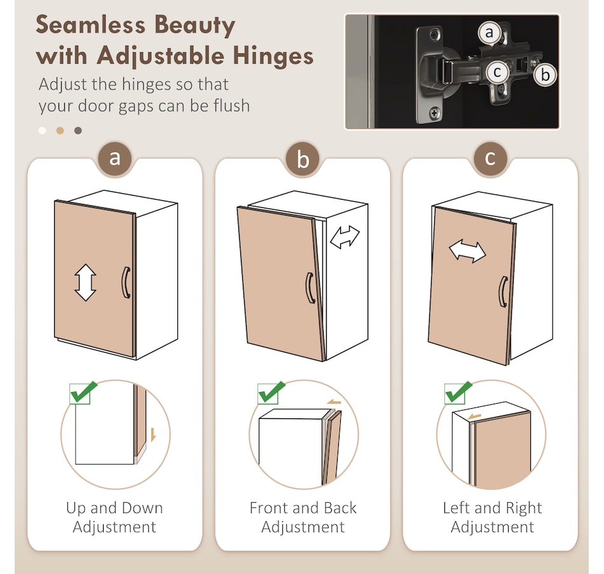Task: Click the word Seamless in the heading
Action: pyautogui.click(x=90, y=25)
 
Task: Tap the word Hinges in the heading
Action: pyautogui.click(x=273, y=56)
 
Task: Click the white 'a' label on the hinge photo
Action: pyautogui.click(x=489, y=33)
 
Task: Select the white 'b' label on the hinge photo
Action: pyautogui.click(x=545, y=74)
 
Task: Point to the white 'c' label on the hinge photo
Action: pyautogui.click(x=497, y=72)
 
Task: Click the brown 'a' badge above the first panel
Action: pyautogui.click(x=115, y=158)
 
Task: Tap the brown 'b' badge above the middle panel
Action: pyautogui.click(x=303, y=158)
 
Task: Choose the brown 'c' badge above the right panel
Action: pyautogui.click(x=490, y=158)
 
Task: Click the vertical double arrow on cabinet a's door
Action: pyautogui.click(x=85, y=282)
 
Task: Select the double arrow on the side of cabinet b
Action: pyautogui.click(x=345, y=237)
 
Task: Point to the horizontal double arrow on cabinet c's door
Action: pyautogui.click(x=467, y=251)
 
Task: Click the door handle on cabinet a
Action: pyautogui.click(x=126, y=282)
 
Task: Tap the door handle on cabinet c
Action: pyautogui.click(x=503, y=292)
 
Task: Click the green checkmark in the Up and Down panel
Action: pyautogui.click(x=83, y=392)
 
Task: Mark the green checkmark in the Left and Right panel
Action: pyautogui.click(x=458, y=392)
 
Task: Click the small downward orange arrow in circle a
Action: pyautogui.click(x=153, y=435)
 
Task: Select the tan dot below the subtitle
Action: pyautogui.click(x=60, y=130)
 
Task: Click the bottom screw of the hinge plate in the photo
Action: pyautogui.click(x=434, y=113)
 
